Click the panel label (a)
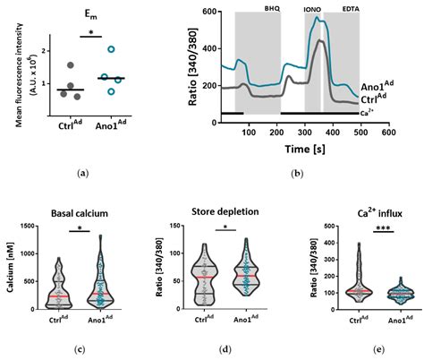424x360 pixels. tap(83, 171)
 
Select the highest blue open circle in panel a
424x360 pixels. tap(111, 50)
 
